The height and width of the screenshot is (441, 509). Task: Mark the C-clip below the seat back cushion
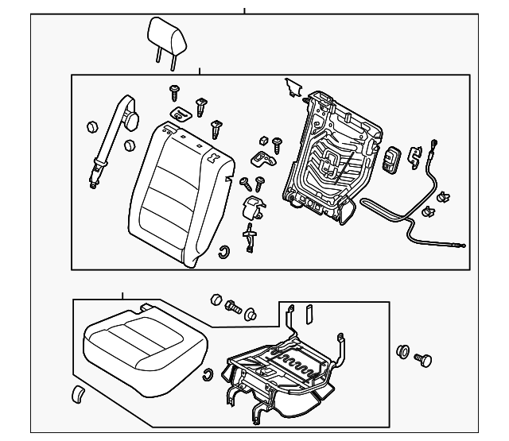(x=224, y=253)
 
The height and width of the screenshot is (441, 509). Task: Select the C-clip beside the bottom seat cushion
(x=208, y=376)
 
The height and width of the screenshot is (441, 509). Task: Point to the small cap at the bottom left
(x=78, y=395)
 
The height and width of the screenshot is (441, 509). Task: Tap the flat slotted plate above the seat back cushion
(x=181, y=114)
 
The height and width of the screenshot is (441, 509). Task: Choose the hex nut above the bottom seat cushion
(x=215, y=299)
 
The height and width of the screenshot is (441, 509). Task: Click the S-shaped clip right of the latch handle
(x=414, y=156)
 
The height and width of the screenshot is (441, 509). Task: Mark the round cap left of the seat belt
(x=90, y=126)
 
